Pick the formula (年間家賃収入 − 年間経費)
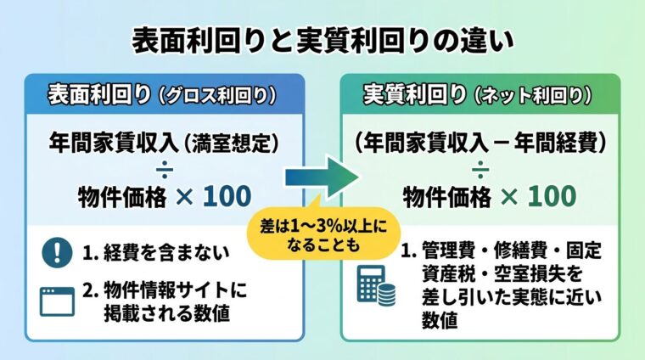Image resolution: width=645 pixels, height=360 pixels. click(x=480, y=141)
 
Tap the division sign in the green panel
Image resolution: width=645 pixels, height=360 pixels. click(x=480, y=168)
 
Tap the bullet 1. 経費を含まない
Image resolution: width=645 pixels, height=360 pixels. click(x=148, y=252)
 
